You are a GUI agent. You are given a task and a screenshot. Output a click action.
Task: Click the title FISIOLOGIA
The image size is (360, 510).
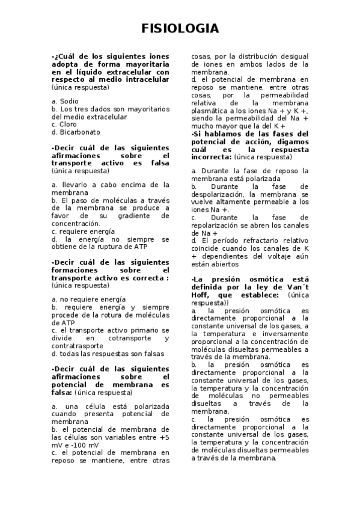click(180, 29)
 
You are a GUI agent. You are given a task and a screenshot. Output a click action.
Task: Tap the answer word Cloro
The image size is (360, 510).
click(69, 124)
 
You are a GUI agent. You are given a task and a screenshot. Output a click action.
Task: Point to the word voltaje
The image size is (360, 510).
click(269, 256)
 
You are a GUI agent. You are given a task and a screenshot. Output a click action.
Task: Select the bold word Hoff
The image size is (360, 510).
click(201, 295)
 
